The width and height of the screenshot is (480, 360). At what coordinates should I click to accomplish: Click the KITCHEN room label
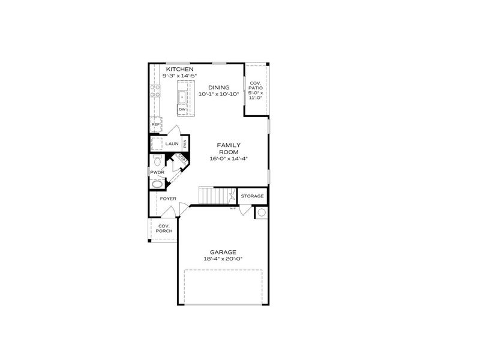(x=179, y=70)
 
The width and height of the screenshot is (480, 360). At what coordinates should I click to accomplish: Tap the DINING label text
(x=218, y=88)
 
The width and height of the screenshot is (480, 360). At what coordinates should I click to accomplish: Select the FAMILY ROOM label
(x=229, y=149)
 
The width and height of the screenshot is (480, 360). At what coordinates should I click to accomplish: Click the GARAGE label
(x=223, y=252)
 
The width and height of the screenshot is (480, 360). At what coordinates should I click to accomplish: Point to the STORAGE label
(x=253, y=196)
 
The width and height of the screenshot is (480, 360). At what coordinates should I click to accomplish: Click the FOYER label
(x=167, y=198)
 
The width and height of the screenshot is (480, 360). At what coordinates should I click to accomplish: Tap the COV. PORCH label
(x=164, y=228)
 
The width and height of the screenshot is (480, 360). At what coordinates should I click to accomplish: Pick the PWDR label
(x=157, y=172)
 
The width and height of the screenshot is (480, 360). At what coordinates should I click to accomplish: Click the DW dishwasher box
(x=181, y=109)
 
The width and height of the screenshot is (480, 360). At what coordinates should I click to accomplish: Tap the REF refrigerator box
(x=155, y=125)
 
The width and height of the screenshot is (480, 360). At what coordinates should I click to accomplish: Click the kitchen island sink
(x=182, y=95)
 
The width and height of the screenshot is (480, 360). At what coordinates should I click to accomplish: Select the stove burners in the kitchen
(x=155, y=91)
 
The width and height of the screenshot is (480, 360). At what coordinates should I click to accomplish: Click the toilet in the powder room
(x=157, y=161)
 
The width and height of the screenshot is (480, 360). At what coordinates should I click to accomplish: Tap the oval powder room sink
(x=157, y=184)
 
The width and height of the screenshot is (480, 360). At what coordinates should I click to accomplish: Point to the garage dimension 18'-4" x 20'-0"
(x=223, y=259)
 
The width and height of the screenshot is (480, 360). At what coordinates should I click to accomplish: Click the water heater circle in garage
(x=262, y=212)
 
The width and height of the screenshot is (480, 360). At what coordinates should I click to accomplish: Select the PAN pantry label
(x=185, y=143)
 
